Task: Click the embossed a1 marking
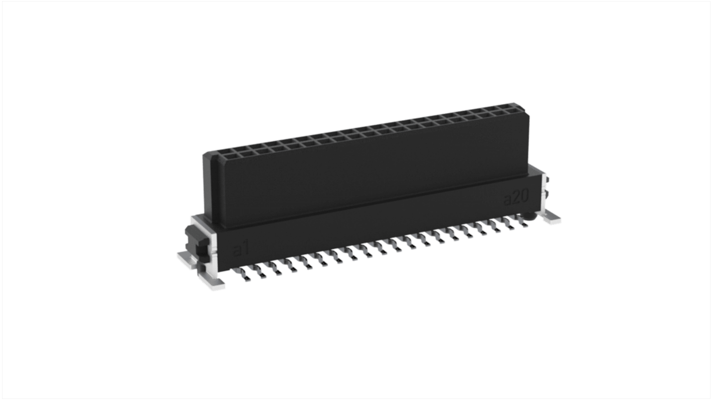[241, 249]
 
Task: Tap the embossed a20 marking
[515, 198]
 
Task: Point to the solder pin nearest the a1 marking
[246, 275]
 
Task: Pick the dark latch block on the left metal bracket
[193, 241]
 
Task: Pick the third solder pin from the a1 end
[275, 271]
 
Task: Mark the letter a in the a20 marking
[508, 200]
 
